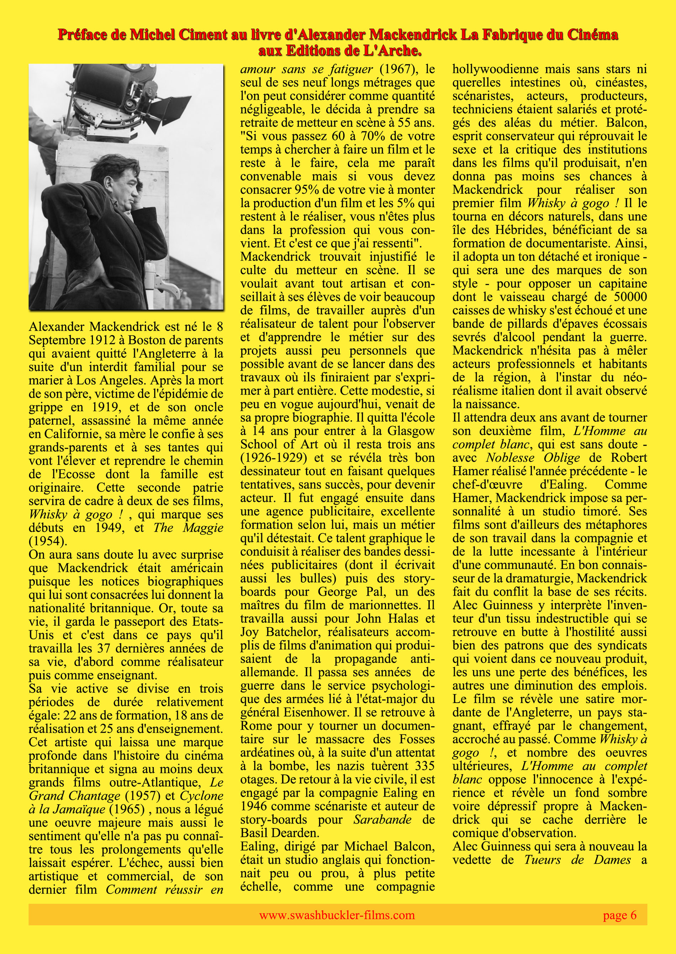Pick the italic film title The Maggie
coord(188,528)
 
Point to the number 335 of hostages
coord(424,766)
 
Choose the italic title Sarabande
coord(382,820)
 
